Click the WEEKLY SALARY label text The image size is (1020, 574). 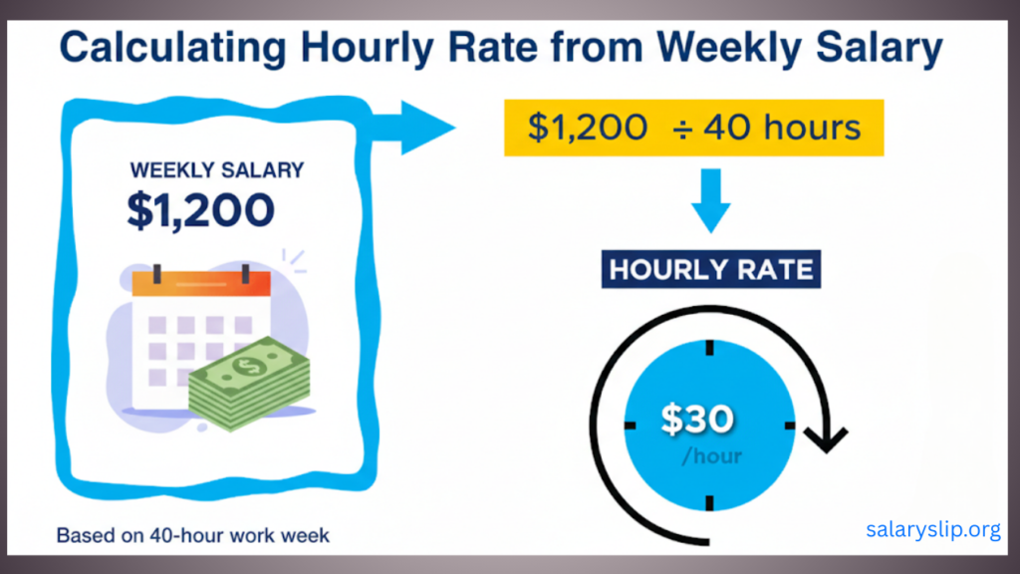pos(217,170)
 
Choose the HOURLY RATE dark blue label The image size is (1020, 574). pos(711,269)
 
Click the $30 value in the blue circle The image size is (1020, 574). pos(697,420)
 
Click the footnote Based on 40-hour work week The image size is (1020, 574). pos(192,535)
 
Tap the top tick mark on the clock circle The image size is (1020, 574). pos(709,348)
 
